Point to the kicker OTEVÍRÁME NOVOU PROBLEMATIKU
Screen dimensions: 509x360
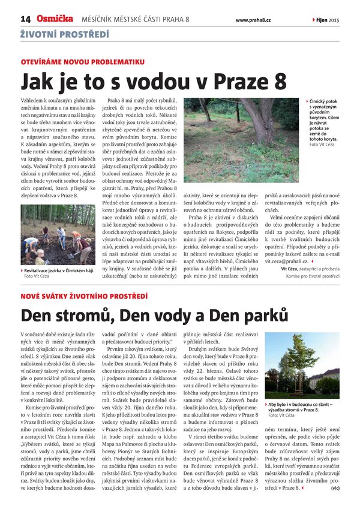click(x=83, y=62)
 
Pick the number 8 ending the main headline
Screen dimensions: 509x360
click(x=279, y=81)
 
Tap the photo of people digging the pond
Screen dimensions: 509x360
click(x=58, y=235)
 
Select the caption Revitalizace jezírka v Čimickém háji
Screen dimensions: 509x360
click(x=58, y=270)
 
